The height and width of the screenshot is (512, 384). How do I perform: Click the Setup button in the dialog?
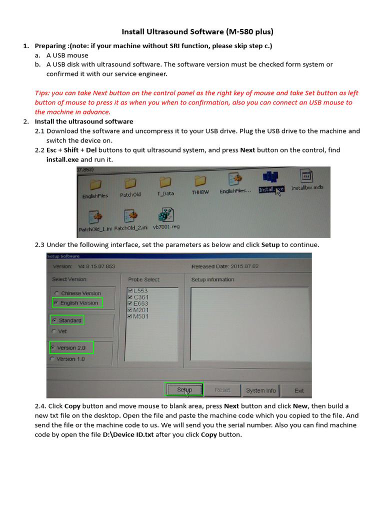click(x=184, y=389)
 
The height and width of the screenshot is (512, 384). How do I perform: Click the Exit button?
click(x=299, y=390)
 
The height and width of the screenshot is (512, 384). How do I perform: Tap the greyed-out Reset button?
click(x=222, y=390)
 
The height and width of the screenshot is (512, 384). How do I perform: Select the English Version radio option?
click(x=56, y=303)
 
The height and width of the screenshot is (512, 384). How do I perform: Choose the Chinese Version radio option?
click(x=56, y=293)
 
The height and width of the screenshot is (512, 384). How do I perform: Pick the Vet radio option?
click(x=53, y=331)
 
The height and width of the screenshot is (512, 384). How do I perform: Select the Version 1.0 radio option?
click(x=52, y=359)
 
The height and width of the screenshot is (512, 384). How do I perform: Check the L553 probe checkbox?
click(x=130, y=290)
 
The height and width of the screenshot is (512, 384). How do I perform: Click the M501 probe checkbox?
click(x=130, y=316)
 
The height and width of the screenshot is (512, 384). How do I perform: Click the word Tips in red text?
click(x=42, y=93)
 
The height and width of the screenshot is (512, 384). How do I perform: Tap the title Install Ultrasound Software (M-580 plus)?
click(x=197, y=32)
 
